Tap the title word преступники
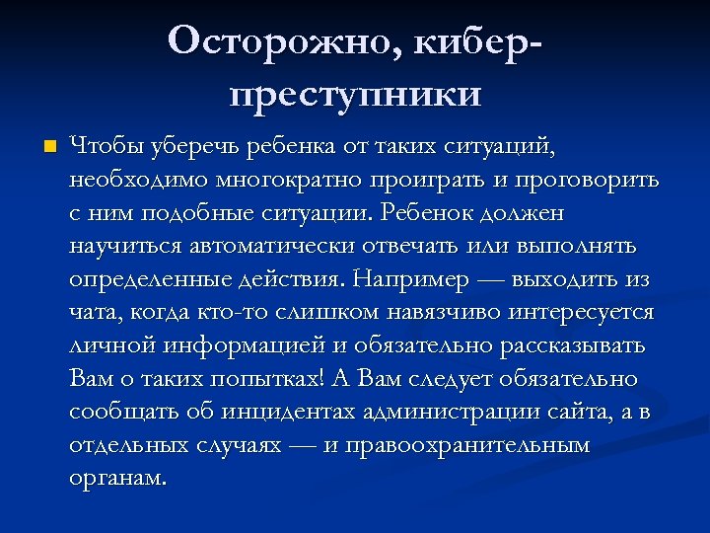click(x=356, y=95)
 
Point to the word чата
click(x=91, y=312)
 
